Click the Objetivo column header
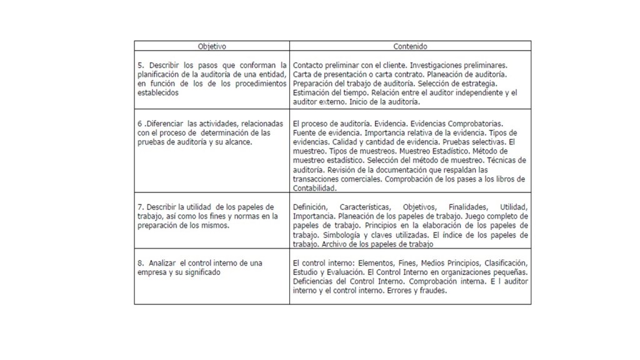[x=212, y=46]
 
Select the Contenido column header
[x=410, y=46]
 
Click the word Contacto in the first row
[x=307, y=65]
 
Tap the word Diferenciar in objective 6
[x=166, y=124]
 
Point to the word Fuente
[x=302, y=133]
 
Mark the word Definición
[x=308, y=207]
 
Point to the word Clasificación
[x=504, y=263]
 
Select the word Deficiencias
[x=314, y=281]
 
